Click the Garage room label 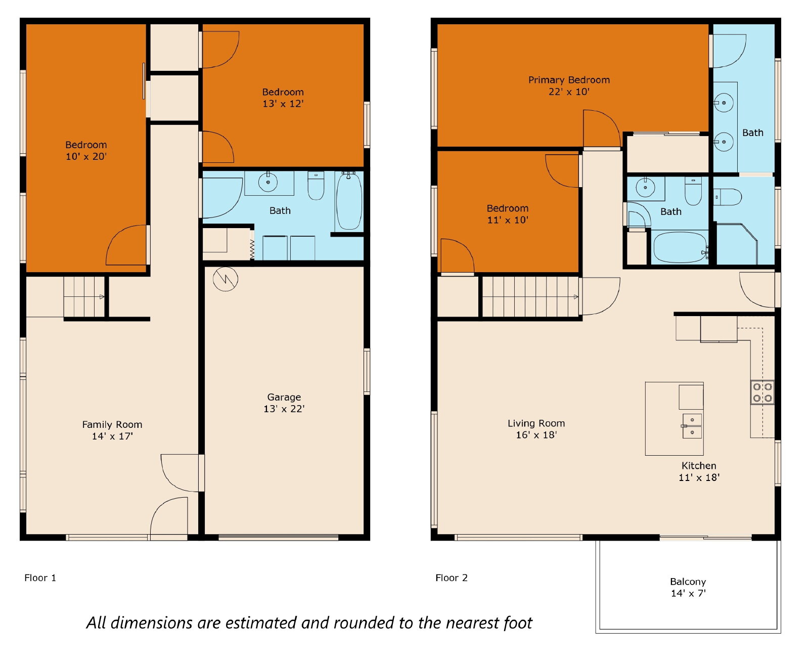click(284, 397)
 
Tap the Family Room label click(112, 424)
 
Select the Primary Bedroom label click(569, 80)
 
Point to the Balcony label click(688, 582)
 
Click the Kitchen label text click(698, 465)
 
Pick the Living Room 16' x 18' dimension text click(536, 434)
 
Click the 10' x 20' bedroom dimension click(86, 156)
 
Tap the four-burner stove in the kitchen click(762, 392)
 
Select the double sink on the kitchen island click(692, 426)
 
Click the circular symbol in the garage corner click(225, 279)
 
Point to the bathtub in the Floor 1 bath click(349, 201)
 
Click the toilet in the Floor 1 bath click(316, 186)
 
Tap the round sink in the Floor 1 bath click(268, 183)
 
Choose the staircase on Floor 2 click(530, 296)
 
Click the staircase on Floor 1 click(84, 297)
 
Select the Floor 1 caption click(40, 578)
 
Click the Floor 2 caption click(451, 578)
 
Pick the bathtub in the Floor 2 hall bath click(680, 247)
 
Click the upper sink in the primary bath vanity click(724, 103)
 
